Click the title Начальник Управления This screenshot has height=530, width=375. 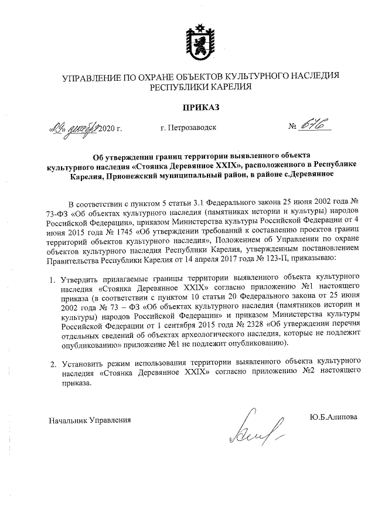[x=89, y=419]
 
